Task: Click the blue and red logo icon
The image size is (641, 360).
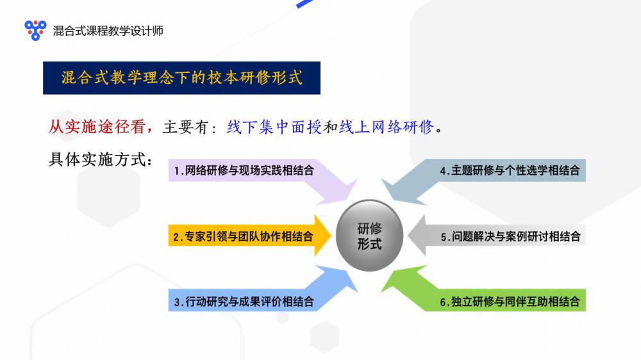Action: point(35,30)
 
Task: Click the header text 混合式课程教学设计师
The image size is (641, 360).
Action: point(108,31)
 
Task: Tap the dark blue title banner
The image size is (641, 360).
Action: point(181,78)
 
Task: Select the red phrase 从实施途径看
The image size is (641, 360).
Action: point(97,127)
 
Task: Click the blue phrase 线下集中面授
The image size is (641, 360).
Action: point(274,127)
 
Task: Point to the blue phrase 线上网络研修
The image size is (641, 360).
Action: point(386,127)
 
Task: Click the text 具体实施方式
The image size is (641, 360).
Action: point(97,160)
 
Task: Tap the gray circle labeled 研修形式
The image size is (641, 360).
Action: point(370,235)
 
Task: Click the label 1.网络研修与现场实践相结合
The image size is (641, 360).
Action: point(244,170)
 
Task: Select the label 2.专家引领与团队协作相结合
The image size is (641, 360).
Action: point(243,236)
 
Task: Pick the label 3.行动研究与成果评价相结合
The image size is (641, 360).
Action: point(244,302)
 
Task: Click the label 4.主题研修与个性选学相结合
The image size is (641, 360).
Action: point(510,170)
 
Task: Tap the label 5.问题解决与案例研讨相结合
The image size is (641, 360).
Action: point(510,236)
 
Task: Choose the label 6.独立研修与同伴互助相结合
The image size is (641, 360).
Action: point(510,302)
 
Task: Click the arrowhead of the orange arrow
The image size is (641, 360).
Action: point(322,236)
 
